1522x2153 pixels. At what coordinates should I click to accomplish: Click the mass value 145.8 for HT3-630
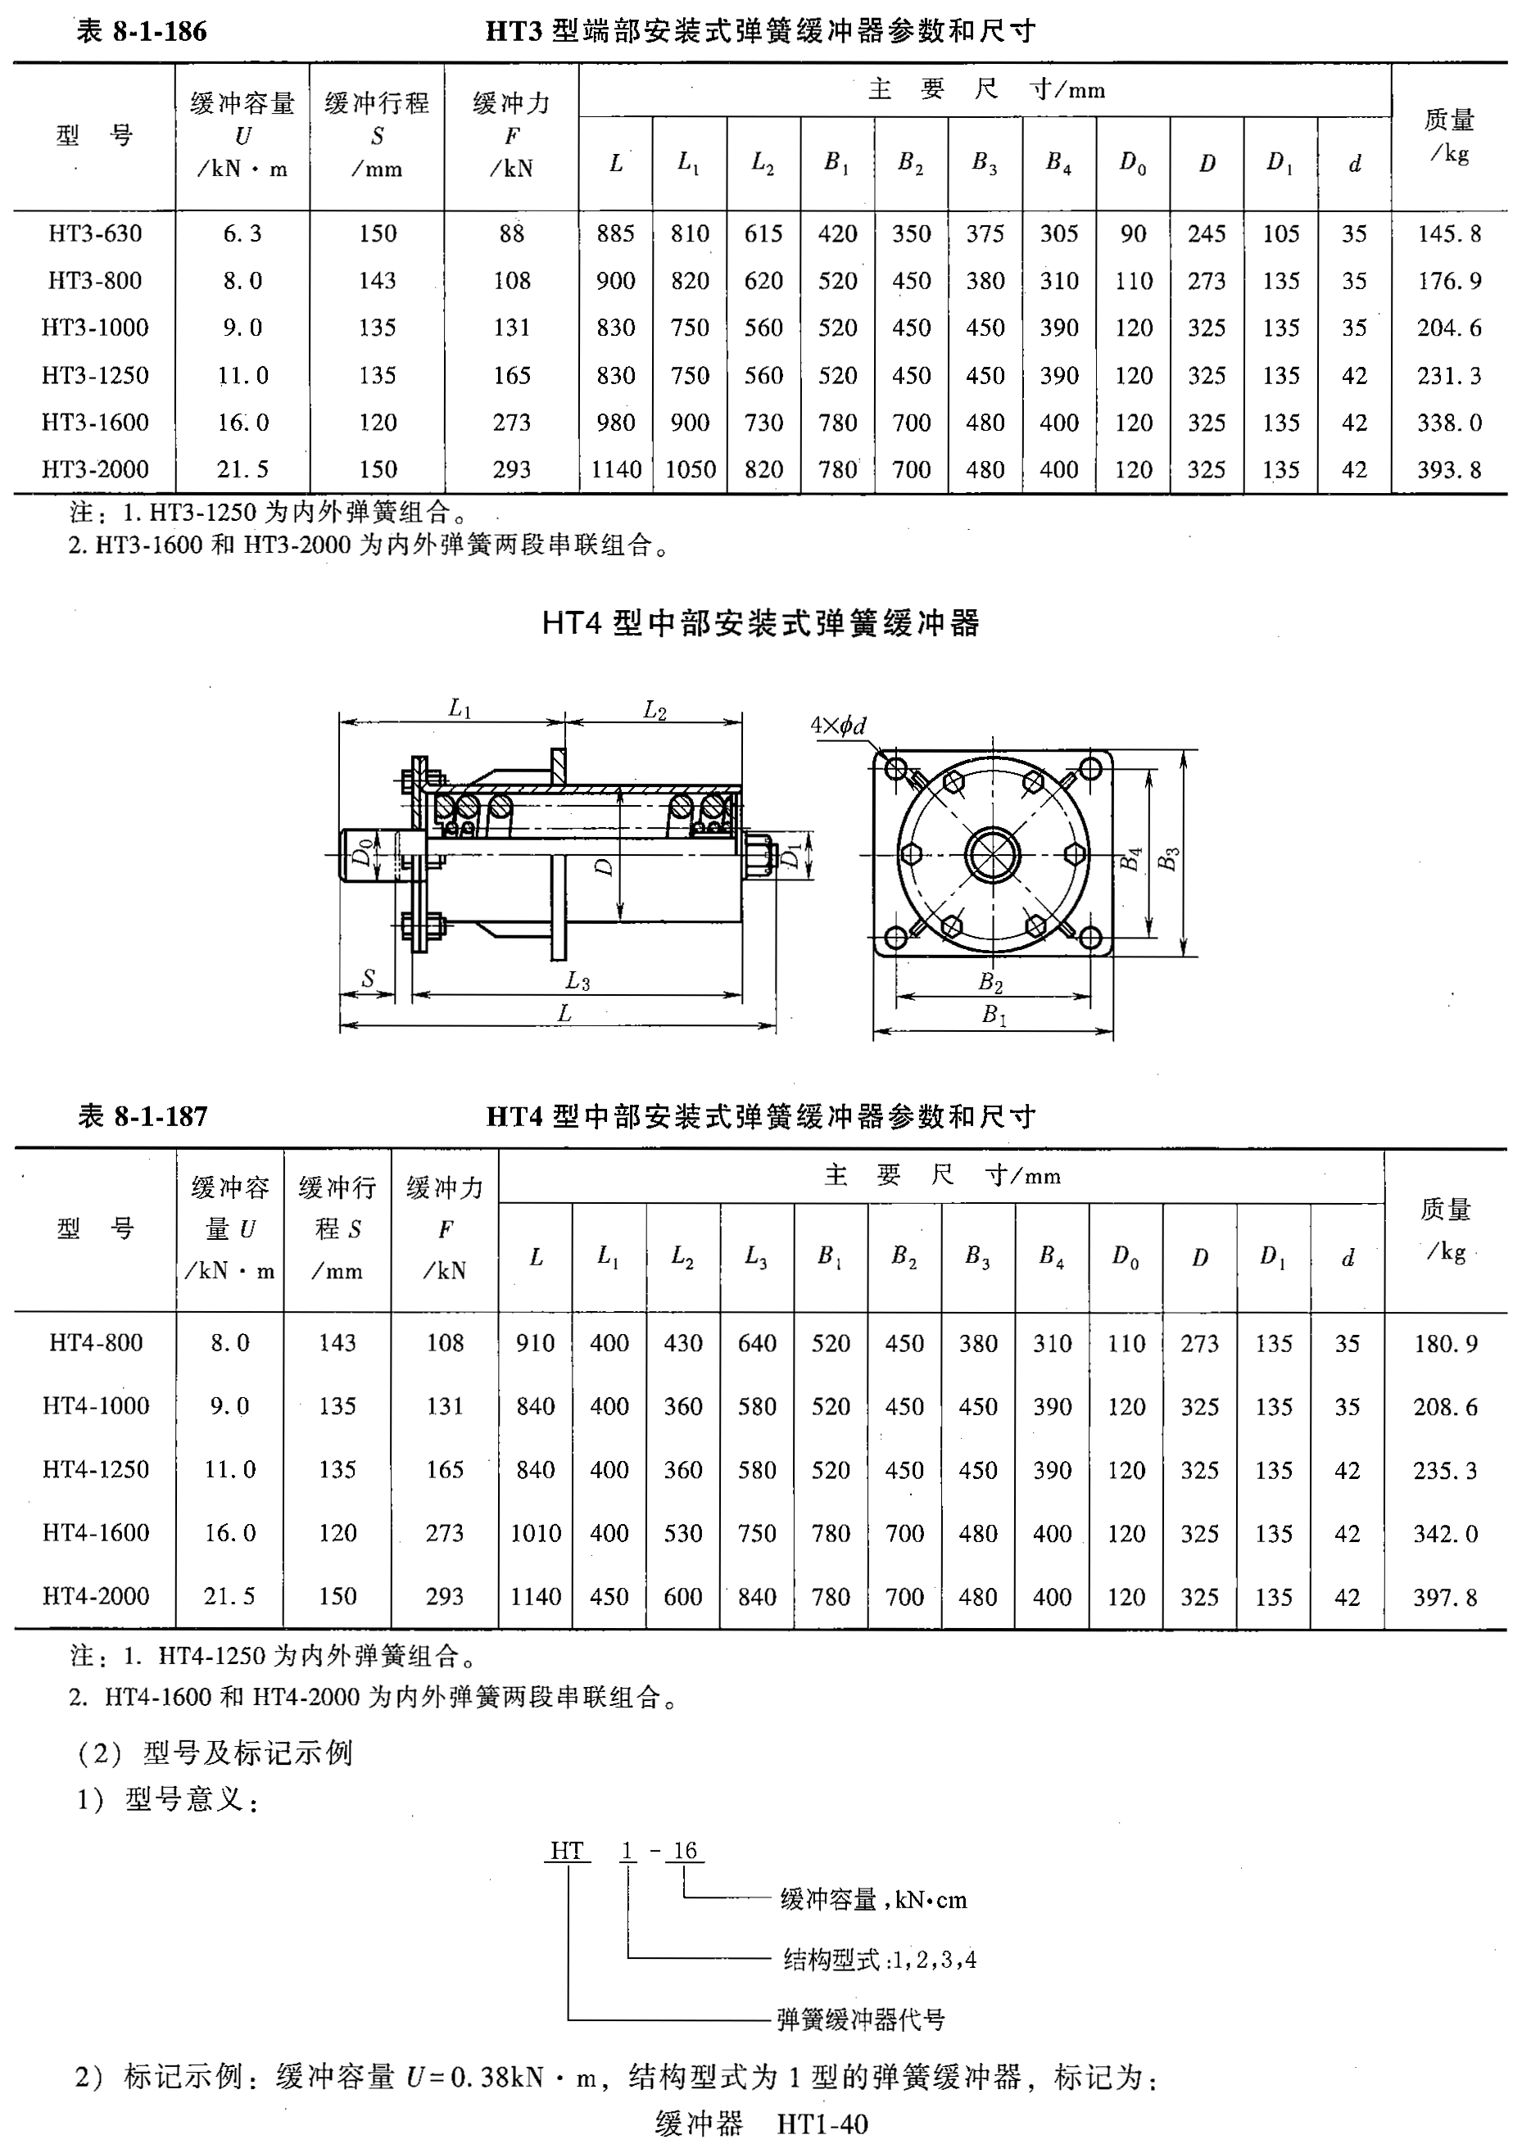pyautogui.click(x=1449, y=233)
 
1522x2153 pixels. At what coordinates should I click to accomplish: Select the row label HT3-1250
pyautogui.click(x=95, y=375)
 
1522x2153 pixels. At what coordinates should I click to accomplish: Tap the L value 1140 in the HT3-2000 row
pyautogui.click(x=615, y=469)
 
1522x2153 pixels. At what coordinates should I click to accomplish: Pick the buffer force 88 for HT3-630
pyautogui.click(x=511, y=233)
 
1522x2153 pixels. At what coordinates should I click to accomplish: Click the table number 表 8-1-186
pyautogui.click(x=142, y=32)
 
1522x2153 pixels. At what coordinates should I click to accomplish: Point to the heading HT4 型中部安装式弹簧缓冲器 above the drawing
pyautogui.click(x=760, y=622)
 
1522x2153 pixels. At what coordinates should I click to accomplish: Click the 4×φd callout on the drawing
pyautogui.click(x=838, y=725)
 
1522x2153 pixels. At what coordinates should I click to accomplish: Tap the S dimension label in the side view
pyautogui.click(x=368, y=978)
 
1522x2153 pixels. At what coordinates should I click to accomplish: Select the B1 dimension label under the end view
pyautogui.click(x=993, y=1015)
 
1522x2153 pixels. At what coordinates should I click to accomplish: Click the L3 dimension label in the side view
pyautogui.click(x=578, y=981)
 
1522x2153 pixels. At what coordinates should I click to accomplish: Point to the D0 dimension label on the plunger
pyautogui.click(x=362, y=855)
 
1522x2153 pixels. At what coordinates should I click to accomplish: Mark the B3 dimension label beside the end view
pyautogui.click(x=1168, y=858)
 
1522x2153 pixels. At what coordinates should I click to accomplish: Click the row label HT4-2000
pyautogui.click(x=96, y=1596)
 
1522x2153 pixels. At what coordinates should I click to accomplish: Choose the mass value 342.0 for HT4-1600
pyautogui.click(x=1445, y=1533)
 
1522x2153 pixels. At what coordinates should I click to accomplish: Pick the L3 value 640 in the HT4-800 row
pyautogui.click(x=756, y=1343)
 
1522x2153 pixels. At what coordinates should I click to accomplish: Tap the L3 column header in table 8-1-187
pyautogui.click(x=756, y=1256)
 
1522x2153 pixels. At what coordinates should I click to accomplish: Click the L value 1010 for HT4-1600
pyautogui.click(x=536, y=1533)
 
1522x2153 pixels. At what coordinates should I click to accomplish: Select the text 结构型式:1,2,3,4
pyautogui.click(x=880, y=1959)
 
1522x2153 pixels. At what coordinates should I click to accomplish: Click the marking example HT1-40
pyautogui.click(x=822, y=2124)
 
